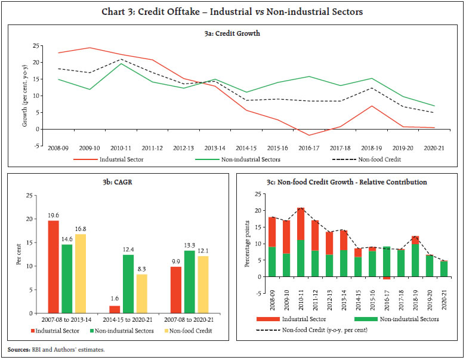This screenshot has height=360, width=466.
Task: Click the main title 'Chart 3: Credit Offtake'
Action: (233, 11)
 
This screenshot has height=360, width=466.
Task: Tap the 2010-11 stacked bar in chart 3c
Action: (300, 242)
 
